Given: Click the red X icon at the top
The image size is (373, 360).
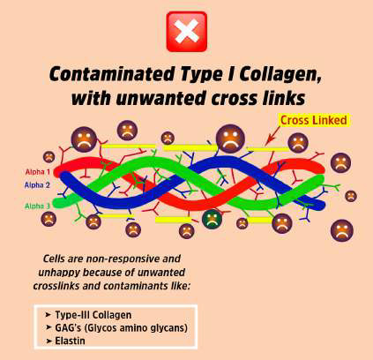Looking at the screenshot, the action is [x=187, y=32].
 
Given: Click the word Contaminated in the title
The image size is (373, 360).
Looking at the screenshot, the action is [x=112, y=74].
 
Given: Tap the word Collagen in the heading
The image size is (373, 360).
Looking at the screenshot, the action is [x=280, y=74].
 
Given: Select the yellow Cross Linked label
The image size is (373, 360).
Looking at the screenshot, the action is [x=314, y=120].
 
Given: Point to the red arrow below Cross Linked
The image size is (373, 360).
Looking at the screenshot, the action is [x=273, y=136].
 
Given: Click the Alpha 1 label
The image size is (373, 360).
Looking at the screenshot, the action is [x=38, y=172].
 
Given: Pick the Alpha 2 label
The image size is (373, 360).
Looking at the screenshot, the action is [x=37, y=185].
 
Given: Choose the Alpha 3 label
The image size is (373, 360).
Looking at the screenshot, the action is [x=37, y=206].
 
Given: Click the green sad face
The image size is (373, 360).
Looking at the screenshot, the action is [x=212, y=219].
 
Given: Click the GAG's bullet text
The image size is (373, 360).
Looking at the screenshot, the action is [x=121, y=328].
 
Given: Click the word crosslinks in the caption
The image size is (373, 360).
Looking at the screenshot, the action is [x=56, y=286].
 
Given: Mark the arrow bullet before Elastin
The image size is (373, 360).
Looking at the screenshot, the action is [x=48, y=341].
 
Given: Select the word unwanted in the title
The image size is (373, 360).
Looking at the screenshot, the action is [x=160, y=99].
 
